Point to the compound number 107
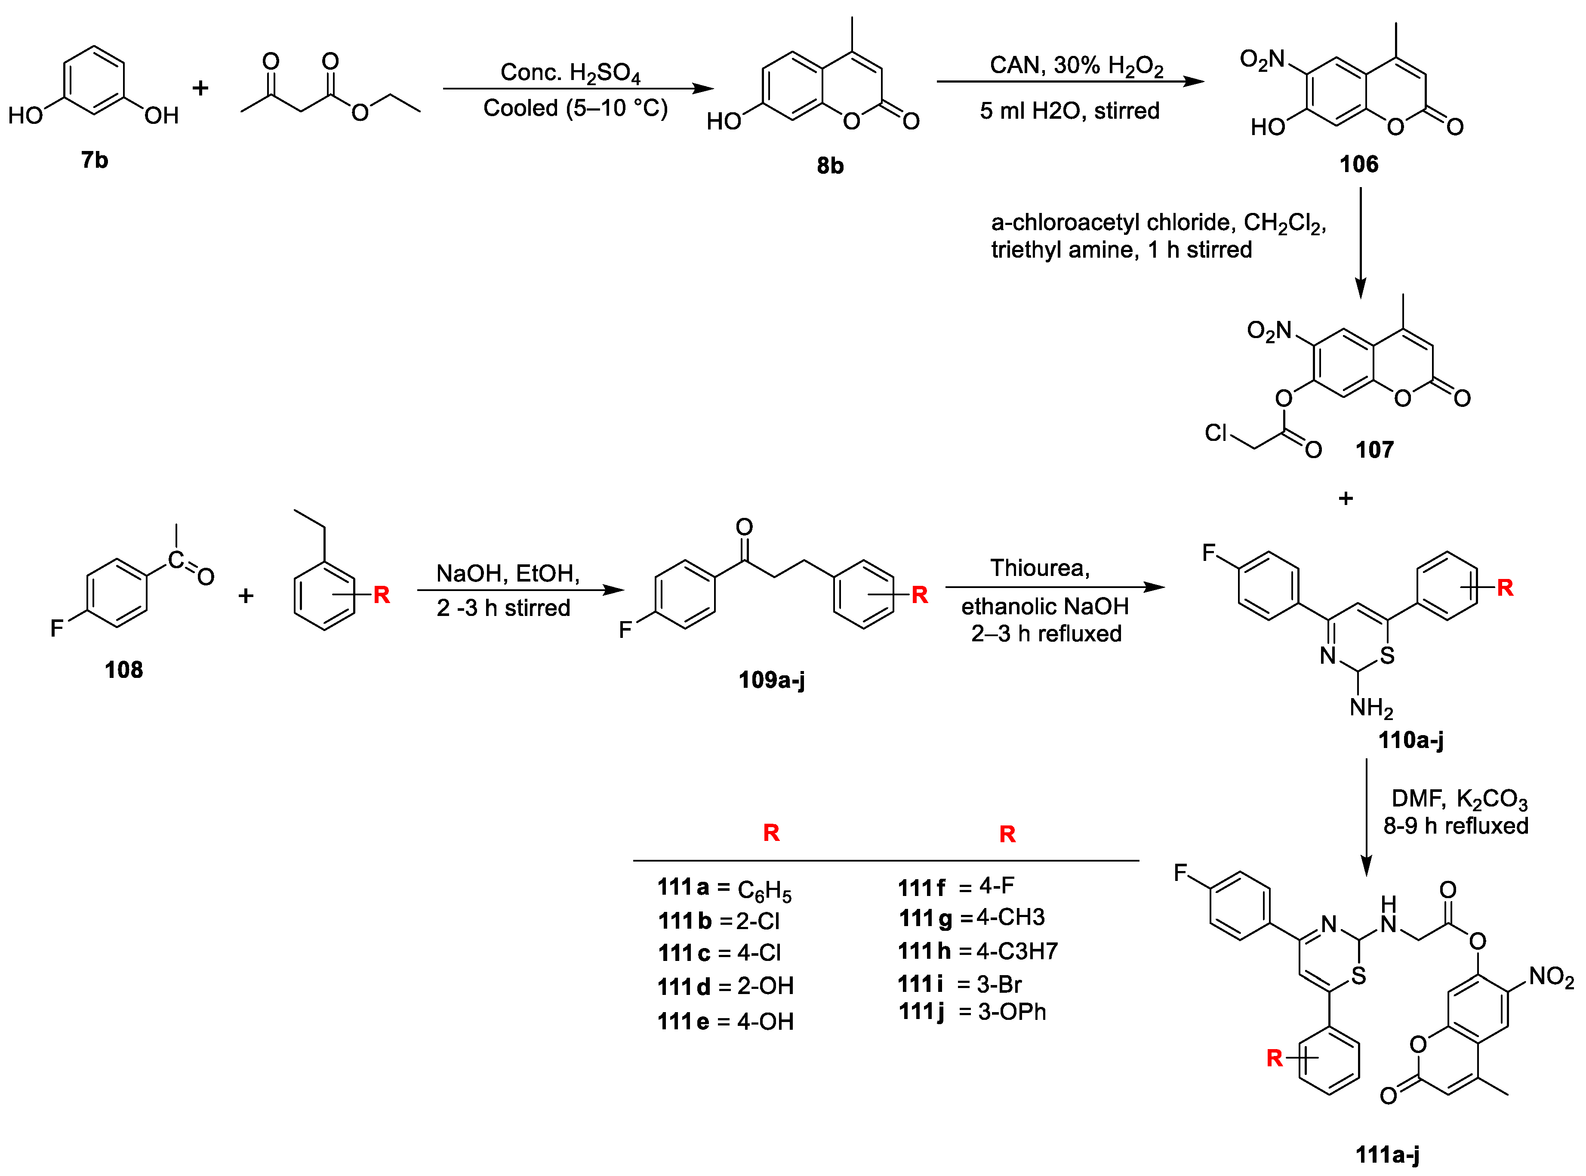1374,450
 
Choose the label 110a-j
1410,740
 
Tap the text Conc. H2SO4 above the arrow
570,73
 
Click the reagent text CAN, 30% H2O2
1076,65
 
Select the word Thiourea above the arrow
1039,568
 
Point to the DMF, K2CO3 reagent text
1459,799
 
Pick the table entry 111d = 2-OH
725,987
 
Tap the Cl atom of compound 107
1215,432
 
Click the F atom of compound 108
57,628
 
